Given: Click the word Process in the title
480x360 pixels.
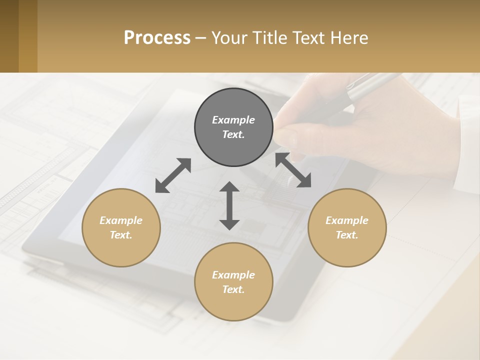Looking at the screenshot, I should click(157, 38).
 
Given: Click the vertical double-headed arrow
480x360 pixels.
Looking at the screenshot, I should click(229, 205).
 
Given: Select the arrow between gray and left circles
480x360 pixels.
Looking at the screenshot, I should click(173, 175).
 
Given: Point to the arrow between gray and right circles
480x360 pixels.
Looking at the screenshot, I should click(293, 170).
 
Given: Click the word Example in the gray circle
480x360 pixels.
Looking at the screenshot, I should click(233, 120).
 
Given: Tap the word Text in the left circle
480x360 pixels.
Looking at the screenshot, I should click(121, 235).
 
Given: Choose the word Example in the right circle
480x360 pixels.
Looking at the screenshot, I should click(347, 220).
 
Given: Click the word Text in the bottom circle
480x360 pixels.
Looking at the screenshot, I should click(233, 289).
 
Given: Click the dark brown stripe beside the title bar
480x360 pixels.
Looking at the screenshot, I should click(9, 36).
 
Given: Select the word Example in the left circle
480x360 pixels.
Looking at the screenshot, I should click(121, 220).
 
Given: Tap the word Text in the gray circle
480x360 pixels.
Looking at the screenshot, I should click(233, 134).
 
